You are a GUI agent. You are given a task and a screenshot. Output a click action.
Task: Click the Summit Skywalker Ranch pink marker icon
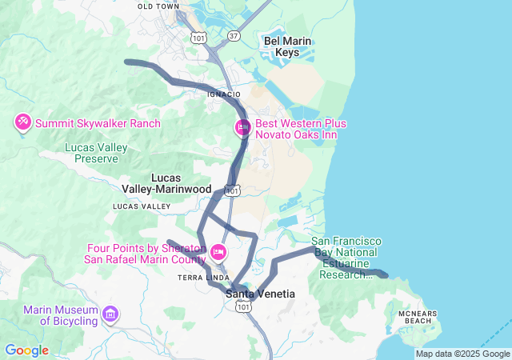pos(22,122)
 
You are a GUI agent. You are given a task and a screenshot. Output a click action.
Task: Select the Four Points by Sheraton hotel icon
pos(218,254)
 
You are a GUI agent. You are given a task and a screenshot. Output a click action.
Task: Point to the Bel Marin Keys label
pos(287,46)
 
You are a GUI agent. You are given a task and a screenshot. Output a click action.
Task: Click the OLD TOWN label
pos(158,6)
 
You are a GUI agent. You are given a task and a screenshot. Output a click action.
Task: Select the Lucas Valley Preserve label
pos(97,153)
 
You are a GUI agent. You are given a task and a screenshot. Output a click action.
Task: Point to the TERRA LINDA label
pos(198,277)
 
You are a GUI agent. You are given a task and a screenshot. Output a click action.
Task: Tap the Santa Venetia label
pos(260,294)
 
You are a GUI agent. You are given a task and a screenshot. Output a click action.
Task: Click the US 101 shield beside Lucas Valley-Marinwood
pos(232,190)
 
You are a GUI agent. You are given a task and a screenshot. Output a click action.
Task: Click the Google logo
pos(26,350)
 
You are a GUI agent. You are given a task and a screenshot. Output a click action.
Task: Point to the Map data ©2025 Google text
pos(462,354)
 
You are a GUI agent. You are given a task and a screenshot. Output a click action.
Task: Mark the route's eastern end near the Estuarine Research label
pos(385,274)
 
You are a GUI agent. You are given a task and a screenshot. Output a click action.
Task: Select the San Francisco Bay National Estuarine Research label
pos(346,258)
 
